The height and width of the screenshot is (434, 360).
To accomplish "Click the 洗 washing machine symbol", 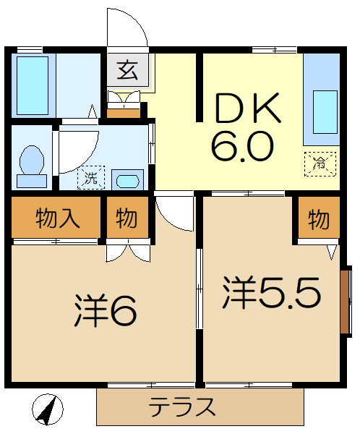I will pos(90,176).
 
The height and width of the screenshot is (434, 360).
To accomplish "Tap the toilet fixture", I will pos(32,160).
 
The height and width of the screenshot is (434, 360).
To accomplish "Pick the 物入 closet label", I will pos(56,218).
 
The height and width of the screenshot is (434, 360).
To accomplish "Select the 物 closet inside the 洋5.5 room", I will pos(317,218).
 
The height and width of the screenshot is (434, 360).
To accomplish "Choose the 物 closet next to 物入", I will pos(127,218).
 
